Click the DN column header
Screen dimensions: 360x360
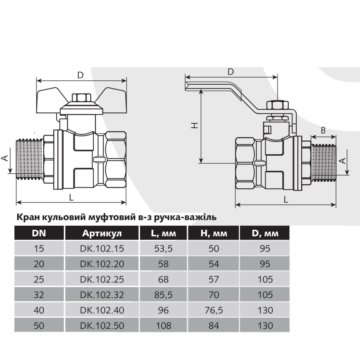[x=39, y=233]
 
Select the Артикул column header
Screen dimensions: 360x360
[x=102, y=233]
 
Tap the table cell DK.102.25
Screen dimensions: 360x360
[x=102, y=279]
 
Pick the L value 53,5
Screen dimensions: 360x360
[x=163, y=248]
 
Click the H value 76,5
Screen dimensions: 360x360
[x=214, y=310]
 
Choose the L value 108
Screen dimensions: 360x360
[x=163, y=325]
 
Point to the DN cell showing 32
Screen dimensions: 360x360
[x=39, y=295]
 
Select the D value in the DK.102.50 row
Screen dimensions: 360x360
[x=265, y=325]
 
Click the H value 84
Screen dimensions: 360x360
[x=214, y=325]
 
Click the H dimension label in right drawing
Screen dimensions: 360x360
[x=195, y=125]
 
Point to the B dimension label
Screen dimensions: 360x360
[x=323, y=130]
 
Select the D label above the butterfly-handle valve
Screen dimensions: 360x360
[x=80, y=75]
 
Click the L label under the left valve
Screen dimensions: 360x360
[x=71, y=197]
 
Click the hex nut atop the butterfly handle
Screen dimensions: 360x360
[x=82, y=98]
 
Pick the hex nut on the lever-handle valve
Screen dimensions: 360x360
[x=277, y=105]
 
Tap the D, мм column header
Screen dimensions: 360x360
[x=265, y=233]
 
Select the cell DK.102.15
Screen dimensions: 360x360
[x=102, y=248]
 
